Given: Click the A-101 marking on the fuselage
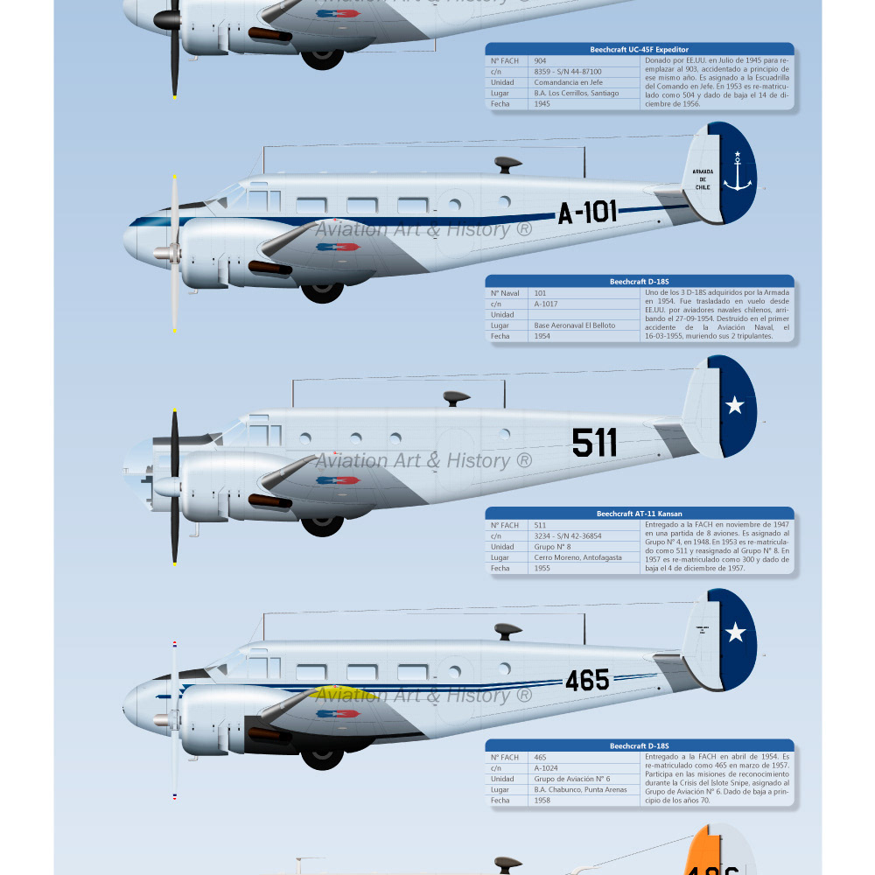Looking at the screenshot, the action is click(588, 212).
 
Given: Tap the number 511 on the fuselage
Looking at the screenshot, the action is click(594, 443).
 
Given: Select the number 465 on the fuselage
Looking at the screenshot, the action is click(587, 680).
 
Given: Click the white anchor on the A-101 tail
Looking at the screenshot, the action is click(737, 172).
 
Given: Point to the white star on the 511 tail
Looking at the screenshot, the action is click(735, 405).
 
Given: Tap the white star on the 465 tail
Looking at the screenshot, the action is click(736, 632).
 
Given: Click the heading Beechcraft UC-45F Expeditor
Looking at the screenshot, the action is click(640, 50).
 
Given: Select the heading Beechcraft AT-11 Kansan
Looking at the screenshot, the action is click(640, 514).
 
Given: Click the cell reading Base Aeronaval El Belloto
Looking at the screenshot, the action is click(575, 325).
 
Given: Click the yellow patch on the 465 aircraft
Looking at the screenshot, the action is click(354, 693).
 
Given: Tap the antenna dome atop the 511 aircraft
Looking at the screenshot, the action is click(455, 398).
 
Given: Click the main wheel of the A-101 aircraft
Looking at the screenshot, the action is click(322, 289).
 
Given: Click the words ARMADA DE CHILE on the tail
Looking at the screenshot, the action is click(703, 179).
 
